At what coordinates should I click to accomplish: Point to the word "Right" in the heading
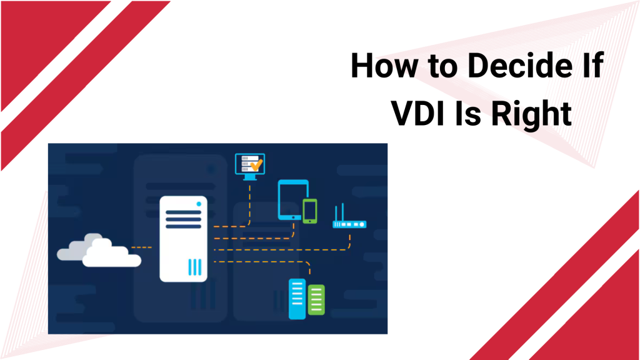531,114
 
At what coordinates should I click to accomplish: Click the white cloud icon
99,251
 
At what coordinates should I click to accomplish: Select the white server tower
183,239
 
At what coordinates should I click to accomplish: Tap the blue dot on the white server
199,204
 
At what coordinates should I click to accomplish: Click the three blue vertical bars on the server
195,267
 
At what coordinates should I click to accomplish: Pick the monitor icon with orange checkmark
250,166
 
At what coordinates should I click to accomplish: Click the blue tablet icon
292,199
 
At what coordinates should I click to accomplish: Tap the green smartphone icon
310,211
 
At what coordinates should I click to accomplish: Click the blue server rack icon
297,299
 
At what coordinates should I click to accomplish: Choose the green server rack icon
316,300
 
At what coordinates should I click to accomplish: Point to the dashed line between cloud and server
142,247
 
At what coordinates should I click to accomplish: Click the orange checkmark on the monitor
257,165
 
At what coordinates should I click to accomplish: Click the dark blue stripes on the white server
183,219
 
